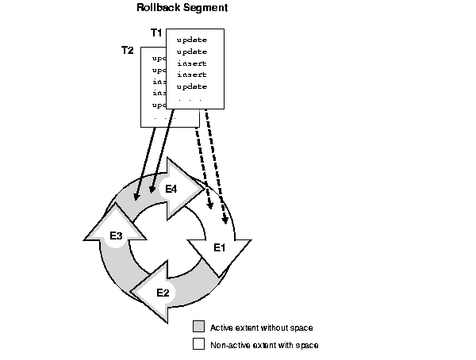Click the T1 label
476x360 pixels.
tap(156, 33)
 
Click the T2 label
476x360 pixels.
tap(127, 50)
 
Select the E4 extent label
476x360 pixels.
tap(171, 189)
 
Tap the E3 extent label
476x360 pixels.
tap(116, 236)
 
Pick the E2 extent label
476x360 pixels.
tap(163, 293)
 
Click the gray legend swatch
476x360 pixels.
tap(199, 327)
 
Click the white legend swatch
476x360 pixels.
tap(199, 344)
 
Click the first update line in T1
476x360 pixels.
tap(191, 39)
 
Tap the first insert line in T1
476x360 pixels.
tap(191, 63)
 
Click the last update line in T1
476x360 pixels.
tap(191, 86)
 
